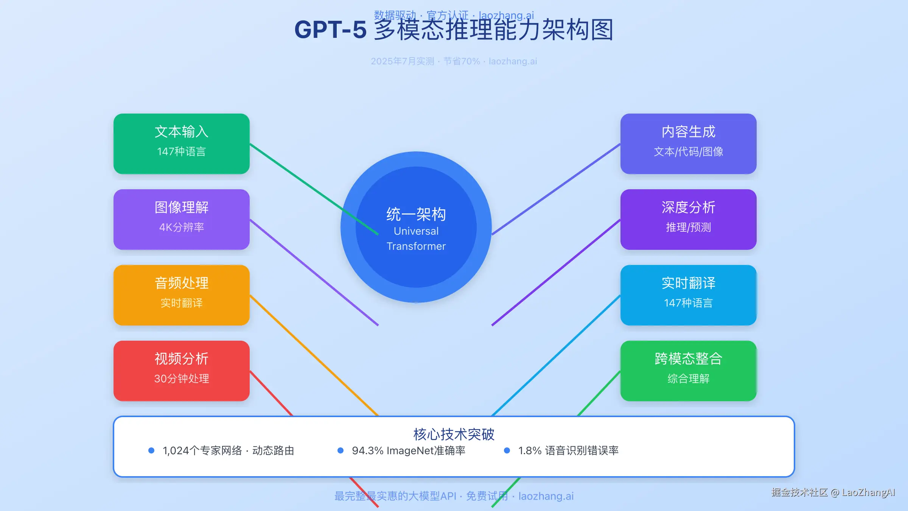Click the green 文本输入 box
point(181,143)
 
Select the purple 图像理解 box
point(181,219)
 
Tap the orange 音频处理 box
point(181,295)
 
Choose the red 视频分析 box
point(181,371)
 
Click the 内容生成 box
point(688,143)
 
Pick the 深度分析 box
point(688,219)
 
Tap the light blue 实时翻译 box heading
point(688,283)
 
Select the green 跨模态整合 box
point(688,371)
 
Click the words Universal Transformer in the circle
point(416,239)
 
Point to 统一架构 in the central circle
point(416,214)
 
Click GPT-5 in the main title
point(330,30)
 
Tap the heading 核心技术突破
point(454,434)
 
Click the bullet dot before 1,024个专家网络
point(151,450)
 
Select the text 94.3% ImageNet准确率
point(409,450)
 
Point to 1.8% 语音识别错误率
point(568,450)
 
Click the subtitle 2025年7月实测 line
point(454,61)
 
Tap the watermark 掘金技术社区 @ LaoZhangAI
point(833,492)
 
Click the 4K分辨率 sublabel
point(181,227)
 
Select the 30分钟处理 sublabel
point(181,379)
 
